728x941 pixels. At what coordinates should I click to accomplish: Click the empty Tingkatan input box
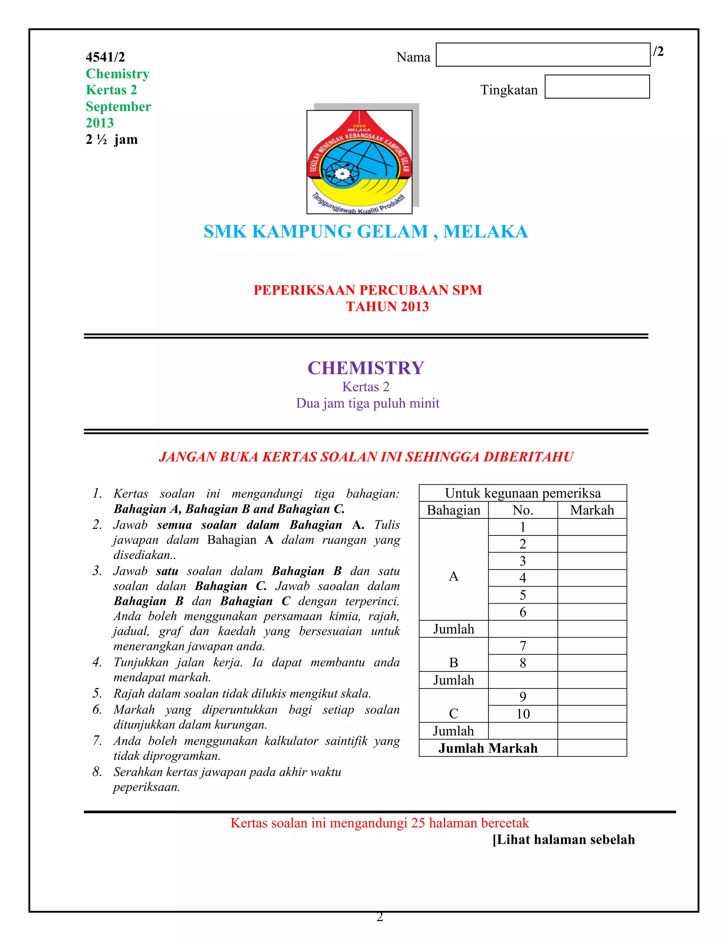(597, 87)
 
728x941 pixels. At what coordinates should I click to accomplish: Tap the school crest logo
(359, 162)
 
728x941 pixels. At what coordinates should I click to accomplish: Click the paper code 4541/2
(105, 57)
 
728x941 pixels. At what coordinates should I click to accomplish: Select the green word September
(118, 107)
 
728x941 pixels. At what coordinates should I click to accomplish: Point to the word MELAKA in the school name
(485, 232)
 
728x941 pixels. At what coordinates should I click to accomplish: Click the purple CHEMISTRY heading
(366, 368)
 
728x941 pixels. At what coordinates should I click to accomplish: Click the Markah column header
(592, 510)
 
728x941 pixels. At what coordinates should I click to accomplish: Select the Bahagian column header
(453, 510)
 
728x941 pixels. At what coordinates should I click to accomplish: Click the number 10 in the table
(523, 714)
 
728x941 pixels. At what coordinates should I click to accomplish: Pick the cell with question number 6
(523, 612)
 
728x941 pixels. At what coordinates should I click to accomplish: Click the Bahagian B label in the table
(453, 663)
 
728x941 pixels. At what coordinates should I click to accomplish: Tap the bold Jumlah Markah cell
(488, 748)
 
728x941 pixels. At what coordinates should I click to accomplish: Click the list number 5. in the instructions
(97, 693)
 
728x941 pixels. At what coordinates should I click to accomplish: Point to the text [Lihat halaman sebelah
(563, 839)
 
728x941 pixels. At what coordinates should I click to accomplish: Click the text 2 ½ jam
(112, 140)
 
